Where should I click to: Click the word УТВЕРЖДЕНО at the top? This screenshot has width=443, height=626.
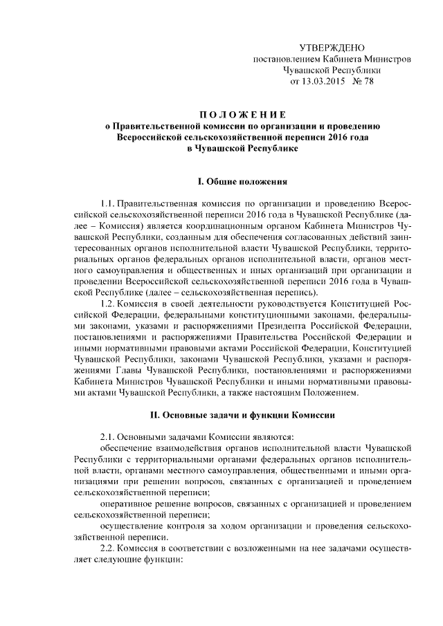[332, 47]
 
